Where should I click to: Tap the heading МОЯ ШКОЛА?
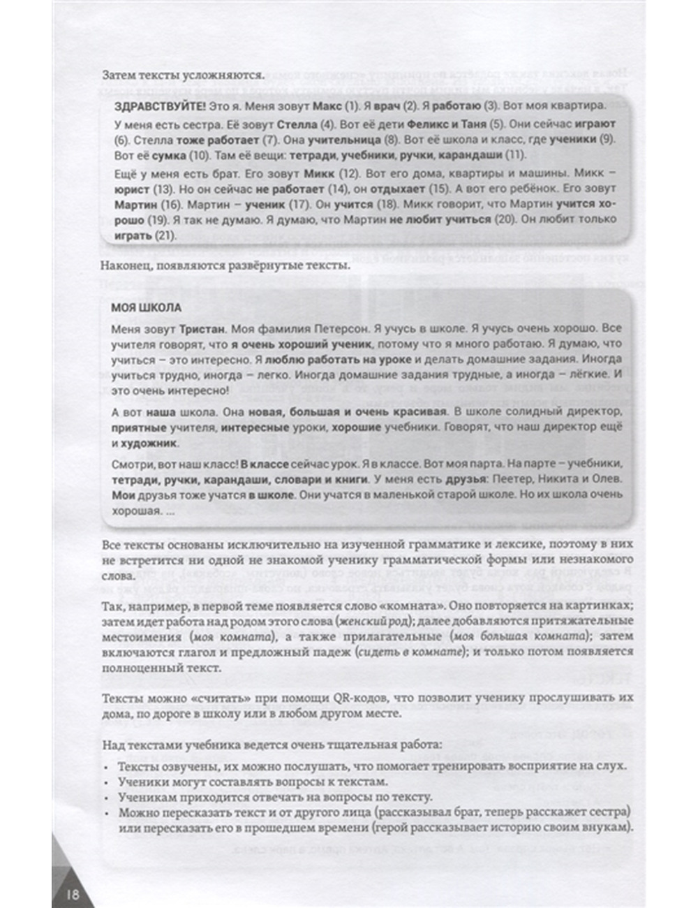click(146, 308)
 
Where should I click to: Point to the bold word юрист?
click(131, 189)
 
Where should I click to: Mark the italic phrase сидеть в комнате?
click(409, 652)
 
